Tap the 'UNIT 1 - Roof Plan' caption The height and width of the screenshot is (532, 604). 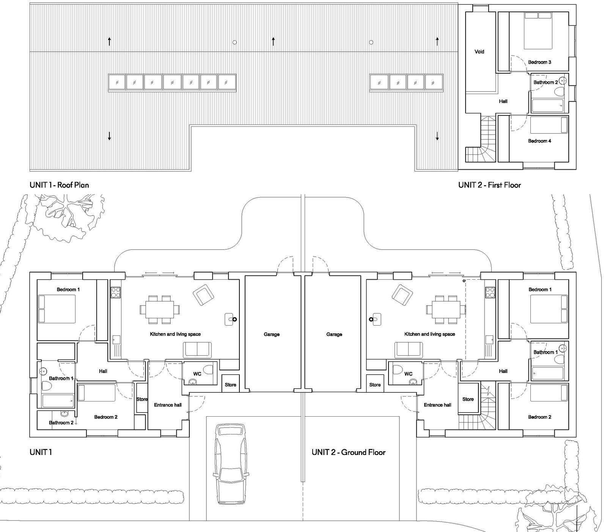[59, 185]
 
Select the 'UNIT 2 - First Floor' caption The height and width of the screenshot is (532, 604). [489, 185]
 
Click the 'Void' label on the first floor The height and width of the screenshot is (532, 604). [479, 52]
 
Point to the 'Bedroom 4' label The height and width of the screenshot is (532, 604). [540, 141]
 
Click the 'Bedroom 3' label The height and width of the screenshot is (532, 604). [540, 62]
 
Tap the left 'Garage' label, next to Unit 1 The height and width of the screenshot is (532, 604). [272, 334]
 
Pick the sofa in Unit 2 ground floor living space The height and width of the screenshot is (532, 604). [409, 349]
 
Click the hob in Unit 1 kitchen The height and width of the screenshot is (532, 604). [115, 292]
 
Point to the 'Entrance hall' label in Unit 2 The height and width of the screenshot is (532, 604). [437, 405]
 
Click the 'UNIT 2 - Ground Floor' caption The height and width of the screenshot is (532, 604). [348, 452]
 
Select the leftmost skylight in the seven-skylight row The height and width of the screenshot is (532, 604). [117, 82]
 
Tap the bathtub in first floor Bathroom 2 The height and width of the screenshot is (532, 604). [547, 106]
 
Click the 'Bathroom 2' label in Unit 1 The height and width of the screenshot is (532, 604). [61, 423]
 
